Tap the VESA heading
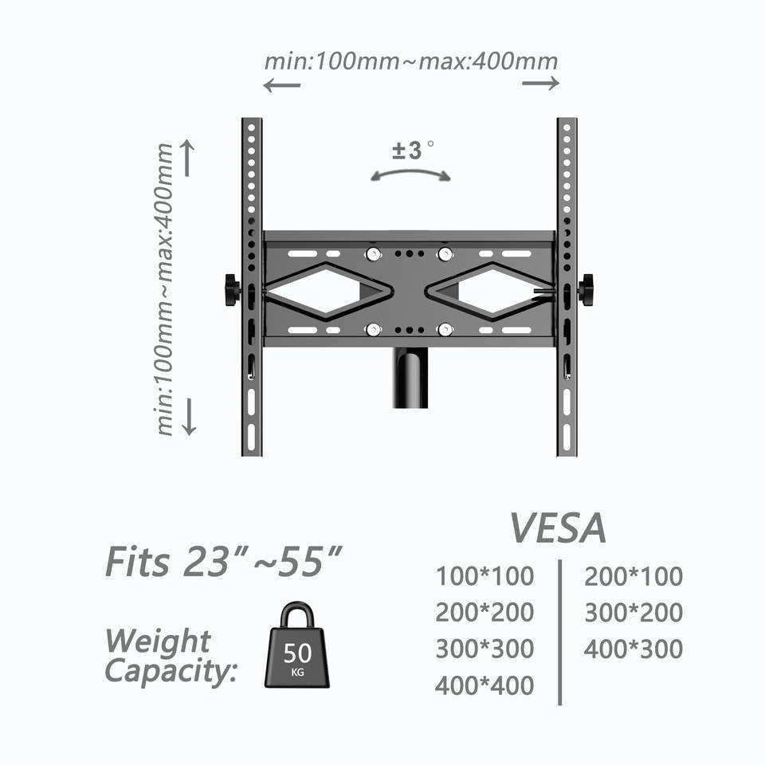tap(557, 528)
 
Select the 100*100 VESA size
tap(484, 575)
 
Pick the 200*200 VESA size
tap(484, 613)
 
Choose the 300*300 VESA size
tap(484, 649)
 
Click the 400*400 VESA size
tap(484, 685)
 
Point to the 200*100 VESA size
tap(634, 576)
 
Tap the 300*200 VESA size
tap(634, 613)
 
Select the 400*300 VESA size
tap(634, 649)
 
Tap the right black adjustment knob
tap(586, 288)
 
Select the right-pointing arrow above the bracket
tap(541, 84)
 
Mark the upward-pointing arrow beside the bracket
tap(189, 158)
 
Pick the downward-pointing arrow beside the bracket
tap(189, 416)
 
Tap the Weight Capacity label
tap(171, 656)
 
